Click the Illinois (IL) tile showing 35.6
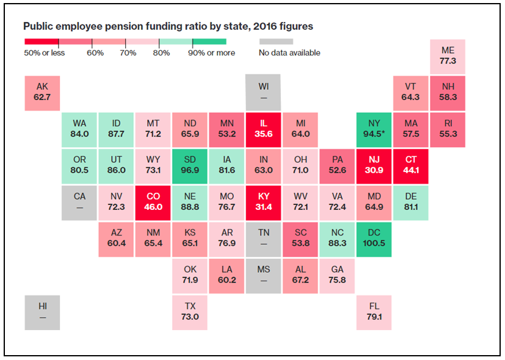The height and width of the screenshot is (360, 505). (263, 129)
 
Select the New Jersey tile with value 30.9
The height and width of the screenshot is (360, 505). (374, 167)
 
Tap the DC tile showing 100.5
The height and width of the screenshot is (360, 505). (374, 239)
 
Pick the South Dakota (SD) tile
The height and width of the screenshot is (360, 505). (190, 167)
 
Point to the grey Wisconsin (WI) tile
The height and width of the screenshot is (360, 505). (263, 93)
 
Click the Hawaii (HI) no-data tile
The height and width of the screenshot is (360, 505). (42, 312)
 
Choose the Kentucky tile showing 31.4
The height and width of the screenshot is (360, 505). (263, 203)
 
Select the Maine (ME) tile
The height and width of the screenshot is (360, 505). (448, 57)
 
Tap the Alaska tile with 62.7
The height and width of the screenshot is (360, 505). (42, 93)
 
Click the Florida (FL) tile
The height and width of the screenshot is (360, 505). (374, 312)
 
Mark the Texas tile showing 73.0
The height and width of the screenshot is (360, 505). (190, 312)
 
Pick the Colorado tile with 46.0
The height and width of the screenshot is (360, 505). (153, 203)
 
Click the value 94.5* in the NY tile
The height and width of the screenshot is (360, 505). (374, 134)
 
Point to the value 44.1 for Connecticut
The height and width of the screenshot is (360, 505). (411, 170)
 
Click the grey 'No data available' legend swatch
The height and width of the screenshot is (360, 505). (277, 41)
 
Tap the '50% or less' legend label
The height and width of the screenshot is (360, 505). (45, 52)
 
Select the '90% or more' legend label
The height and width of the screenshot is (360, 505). (212, 52)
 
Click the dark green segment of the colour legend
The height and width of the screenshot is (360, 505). (209, 41)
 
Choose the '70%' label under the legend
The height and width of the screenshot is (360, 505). (128, 52)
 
